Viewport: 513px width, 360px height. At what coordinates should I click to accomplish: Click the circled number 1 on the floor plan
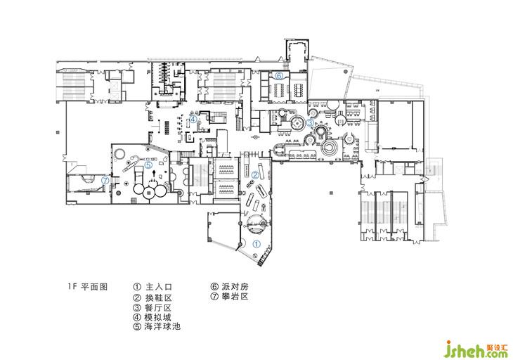(x=256, y=244)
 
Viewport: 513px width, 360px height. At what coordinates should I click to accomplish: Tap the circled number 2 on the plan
(x=255, y=175)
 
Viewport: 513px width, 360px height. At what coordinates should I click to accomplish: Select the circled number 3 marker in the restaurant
(x=310, y=122)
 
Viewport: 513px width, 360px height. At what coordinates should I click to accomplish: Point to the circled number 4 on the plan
(x=193, y=120)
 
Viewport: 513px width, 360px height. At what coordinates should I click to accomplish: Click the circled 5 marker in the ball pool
(x=148, y=165)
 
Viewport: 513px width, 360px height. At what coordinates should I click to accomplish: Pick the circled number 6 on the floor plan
(x=279, y=76)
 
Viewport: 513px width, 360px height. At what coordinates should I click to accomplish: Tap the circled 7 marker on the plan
(x=105, y=180)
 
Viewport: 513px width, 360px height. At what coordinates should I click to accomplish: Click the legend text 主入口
(x=159, y=287)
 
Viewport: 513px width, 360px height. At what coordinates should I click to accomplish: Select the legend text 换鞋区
(x=159, y=297)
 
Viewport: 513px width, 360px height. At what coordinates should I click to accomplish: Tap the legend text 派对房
(x=235, y=287)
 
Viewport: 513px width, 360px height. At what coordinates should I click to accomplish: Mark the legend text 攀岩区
(x=235, y=297)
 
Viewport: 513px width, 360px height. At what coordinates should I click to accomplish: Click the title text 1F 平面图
(x=88, y=287)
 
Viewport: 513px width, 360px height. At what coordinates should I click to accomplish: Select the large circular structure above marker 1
(x=256, y=224)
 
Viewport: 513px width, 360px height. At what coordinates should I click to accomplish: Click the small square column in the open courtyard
(x=332, y=193)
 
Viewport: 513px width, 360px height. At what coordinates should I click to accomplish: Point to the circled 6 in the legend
(x=214, y=287)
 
